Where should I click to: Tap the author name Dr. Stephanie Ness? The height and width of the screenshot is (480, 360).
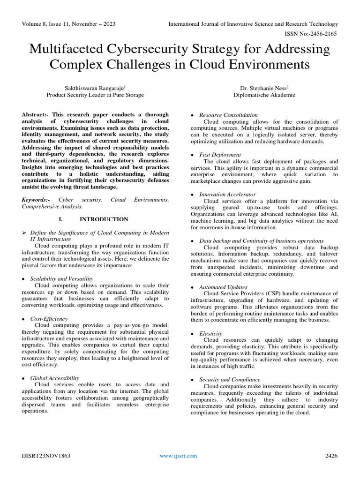(x=264, y=87)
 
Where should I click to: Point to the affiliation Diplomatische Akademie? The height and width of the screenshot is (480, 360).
(x=264, y=95)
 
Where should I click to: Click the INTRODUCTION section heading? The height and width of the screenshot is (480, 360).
(x=104, y=219)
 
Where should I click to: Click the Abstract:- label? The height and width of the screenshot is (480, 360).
(x=36, y=115)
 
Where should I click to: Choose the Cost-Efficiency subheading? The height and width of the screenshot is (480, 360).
(x=49, y=319)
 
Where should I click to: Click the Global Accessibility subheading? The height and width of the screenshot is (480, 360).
(x=55, y=378)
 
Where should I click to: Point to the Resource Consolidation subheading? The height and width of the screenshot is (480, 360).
(x=228, y=115)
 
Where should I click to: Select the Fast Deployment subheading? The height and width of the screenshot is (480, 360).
(x=220, y=155)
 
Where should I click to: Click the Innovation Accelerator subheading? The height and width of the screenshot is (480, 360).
(x=227, y=194)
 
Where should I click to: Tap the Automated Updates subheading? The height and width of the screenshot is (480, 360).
(x=223, y=287)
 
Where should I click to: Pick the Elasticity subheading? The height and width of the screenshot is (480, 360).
(x=210, y=333)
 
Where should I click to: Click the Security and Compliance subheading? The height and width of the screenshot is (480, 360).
(x=230, y=379)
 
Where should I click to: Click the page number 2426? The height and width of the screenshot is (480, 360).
(x=331, y=456)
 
